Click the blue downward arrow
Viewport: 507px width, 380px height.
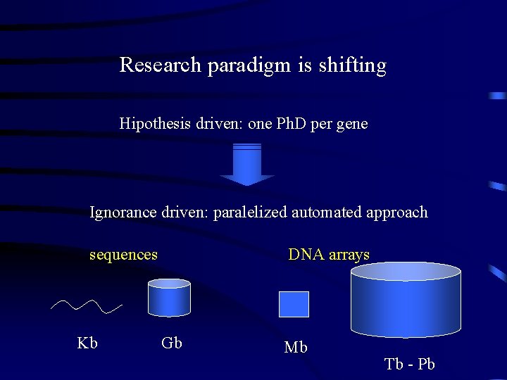(x=246, y=165)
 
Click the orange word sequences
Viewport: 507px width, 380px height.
(x=123, y=255)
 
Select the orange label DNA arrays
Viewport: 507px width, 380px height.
(x=329, y=255)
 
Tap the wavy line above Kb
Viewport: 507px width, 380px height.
(x=87, y=306)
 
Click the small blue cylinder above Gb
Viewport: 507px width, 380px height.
(x=169, y=298)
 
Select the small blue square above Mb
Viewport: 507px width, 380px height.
(x=294, y=304)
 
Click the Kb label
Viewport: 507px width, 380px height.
(x=87, y=343)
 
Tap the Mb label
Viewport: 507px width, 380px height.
(x=296, y=347)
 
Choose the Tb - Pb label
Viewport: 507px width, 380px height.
(x=410, y=364)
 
